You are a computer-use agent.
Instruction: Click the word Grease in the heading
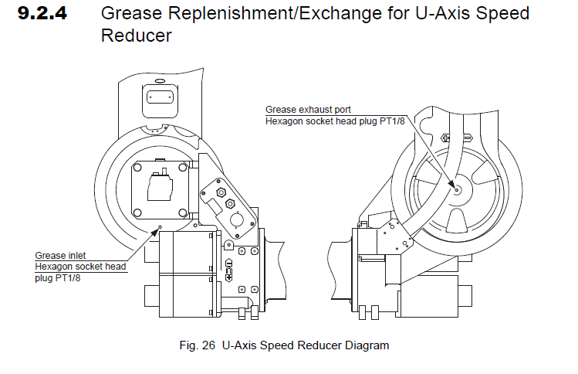point(128,13)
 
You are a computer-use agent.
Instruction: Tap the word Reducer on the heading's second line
point(136,36)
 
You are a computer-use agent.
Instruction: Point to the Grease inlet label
point(60,255)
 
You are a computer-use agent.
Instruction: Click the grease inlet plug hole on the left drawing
point(160,228)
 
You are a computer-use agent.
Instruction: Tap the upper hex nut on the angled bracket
point(221,190)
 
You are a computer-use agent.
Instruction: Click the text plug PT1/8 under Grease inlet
point(59,278)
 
